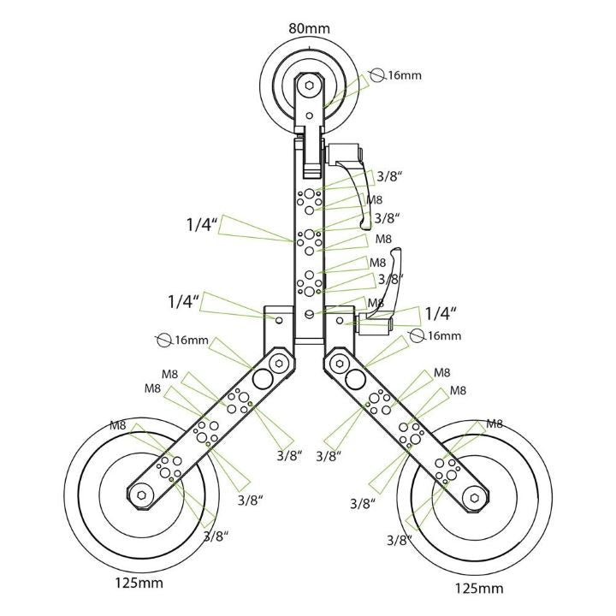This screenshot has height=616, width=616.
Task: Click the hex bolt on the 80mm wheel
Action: (308, 86)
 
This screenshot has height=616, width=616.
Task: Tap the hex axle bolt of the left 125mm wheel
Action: (141, 493)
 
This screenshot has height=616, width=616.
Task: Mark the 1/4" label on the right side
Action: (441, 313)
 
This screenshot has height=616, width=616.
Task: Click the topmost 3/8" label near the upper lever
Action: (389, 177)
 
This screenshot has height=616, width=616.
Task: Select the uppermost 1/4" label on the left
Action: (203, 225)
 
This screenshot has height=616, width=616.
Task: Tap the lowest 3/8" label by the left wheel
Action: (216, 537)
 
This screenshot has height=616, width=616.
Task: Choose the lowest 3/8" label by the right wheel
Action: (400, 540)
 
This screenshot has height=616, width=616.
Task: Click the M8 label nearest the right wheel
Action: (495, 423)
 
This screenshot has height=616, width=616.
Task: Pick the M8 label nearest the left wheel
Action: (121, 425)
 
